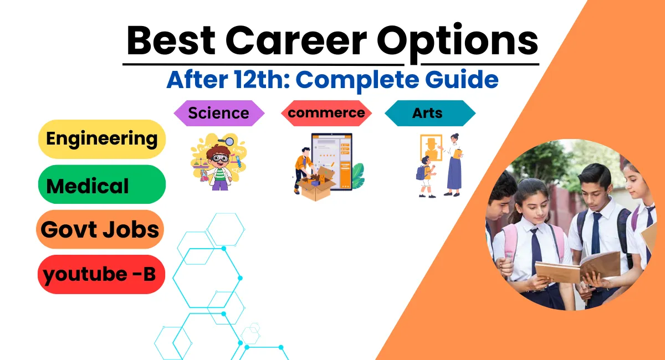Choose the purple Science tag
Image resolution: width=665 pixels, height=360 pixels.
coord(219,113)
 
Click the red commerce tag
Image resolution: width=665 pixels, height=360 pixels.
coord(326,113)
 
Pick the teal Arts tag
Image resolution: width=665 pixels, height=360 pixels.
coord(429,113)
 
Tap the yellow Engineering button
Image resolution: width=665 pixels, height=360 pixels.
coord(102,138)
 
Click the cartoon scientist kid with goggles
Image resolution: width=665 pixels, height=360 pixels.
coord(219,166)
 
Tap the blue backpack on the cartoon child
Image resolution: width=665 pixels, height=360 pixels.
coord(421,172)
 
